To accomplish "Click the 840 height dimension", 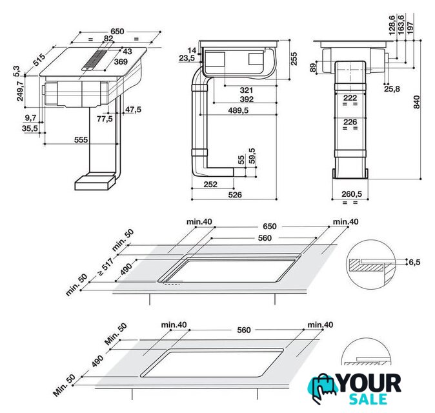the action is pyautogui.click(x=416, y=102).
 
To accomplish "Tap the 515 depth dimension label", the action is pyautogui.click(x=39, y=60).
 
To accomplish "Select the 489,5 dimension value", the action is pyautogui.click(x=238, y=110).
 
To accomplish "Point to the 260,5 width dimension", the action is pyautogui.click(x=352, y=194).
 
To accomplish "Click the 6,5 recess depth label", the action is pyautogui.click(x=414, y=262).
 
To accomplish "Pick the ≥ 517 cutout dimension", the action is pyautogui.click(x=105, y=267).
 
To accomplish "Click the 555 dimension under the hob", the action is pyautogui.click(x=81, y=140).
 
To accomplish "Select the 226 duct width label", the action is pyautogui.click(x=350, y=122).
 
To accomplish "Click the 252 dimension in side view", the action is pyautogui.click(x=210, y=184).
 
